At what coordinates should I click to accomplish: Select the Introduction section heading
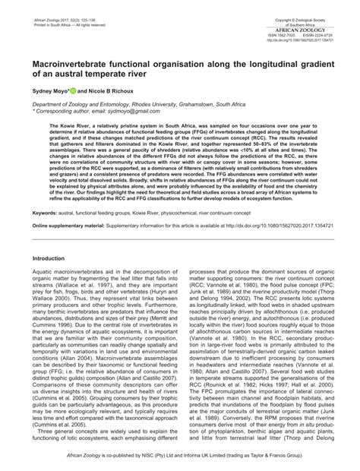tap(49, 259)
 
